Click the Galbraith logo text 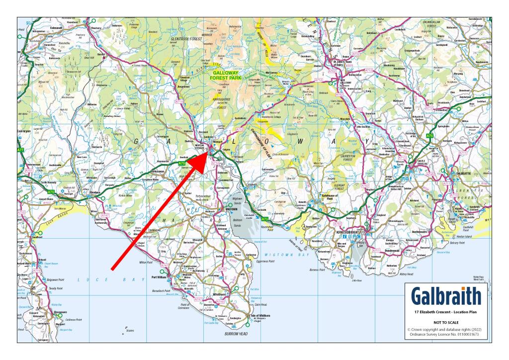pos(446,297)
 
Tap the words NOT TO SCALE pos(445,322)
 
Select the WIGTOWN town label pos(232,210)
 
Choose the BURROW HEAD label pos(236,334)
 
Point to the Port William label pos(161,277)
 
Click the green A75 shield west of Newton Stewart pos(182,163)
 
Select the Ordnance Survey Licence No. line pos(445,335)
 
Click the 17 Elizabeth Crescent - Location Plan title pos(445,312)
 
